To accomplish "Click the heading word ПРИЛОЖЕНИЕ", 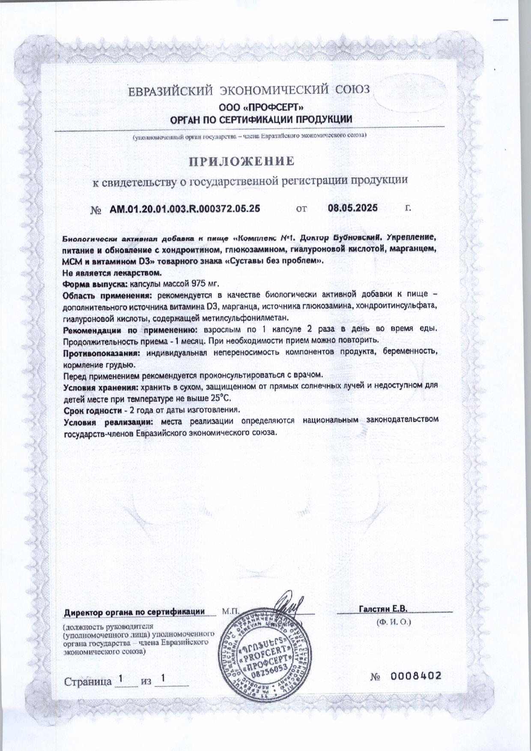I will [242, 161].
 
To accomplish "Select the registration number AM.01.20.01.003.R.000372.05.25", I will [185, 209].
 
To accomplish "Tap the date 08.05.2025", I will [353, 208].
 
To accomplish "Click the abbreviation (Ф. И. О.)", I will [393, 622].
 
